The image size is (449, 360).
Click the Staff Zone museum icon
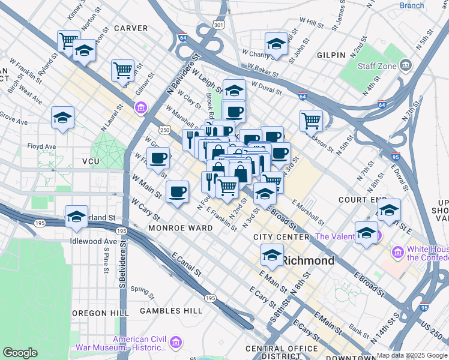tap(405, 65)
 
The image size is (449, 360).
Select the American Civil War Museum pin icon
tap(176, 343)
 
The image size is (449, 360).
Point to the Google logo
tap(20, 353)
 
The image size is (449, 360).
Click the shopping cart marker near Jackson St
tap(311, 120)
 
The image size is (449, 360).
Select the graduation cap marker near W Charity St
tap(276, 44)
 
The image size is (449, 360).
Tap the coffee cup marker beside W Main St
tap(177, 191)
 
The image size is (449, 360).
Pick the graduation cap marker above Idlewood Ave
tap(76, 216)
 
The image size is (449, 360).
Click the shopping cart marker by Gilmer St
tap(122, 70)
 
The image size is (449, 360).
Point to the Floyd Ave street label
tap(41, 146)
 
